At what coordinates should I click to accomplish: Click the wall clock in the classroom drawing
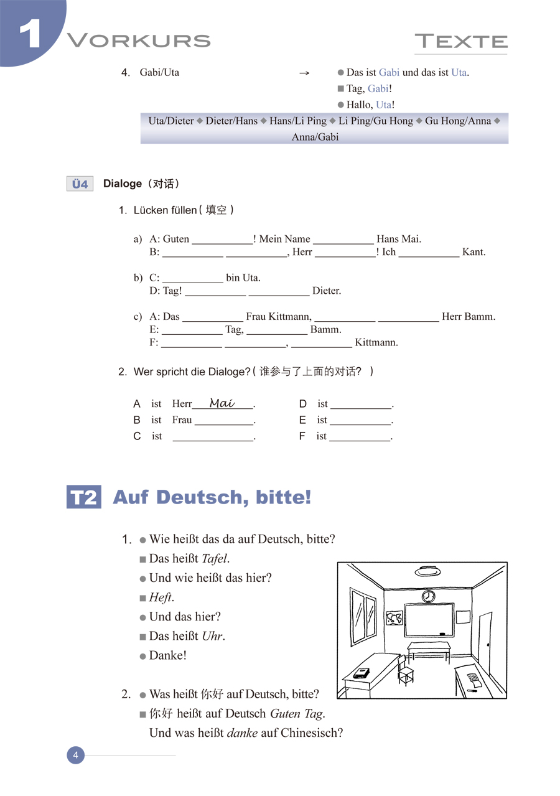click(429, 596)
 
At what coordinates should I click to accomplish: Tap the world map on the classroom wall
click(394, 619)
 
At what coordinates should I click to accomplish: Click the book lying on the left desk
click(362, 673)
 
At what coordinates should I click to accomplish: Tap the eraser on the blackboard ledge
click(442, 634)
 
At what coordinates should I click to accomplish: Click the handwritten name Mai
click(222, 403)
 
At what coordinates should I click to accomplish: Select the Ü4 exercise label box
click(80, 184)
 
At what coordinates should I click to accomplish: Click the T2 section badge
click(83, 498)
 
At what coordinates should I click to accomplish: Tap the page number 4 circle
click(75, 756)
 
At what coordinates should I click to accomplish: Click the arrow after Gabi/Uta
click(304, 73)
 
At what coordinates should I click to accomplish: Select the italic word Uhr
click(212, 636)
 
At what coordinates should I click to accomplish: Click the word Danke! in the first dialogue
click(168, 655)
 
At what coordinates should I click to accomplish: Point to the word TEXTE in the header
click(461, 42)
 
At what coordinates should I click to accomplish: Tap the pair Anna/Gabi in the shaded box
click(315, 137)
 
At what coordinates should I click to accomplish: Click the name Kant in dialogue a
click(474, 252)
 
